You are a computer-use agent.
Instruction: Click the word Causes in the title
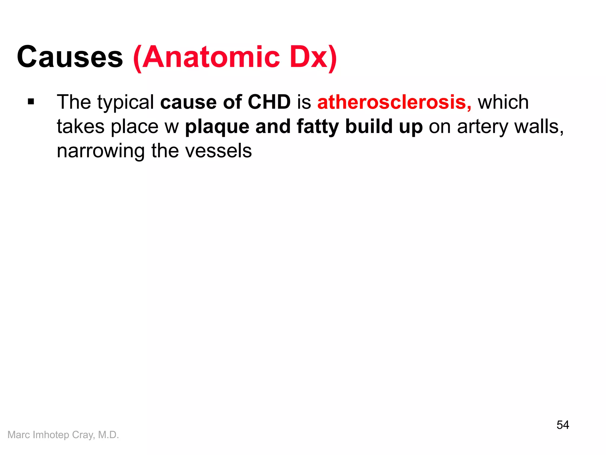click(x=70, y=57)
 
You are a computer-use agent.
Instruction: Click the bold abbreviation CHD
click(x=269, y=102)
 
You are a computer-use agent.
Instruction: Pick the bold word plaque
click(x=217, y=127)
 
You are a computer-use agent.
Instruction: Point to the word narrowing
click(x=101, y=151)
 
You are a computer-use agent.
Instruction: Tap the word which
click(x=503, y=102)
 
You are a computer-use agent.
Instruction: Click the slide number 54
click(x=563, y=425)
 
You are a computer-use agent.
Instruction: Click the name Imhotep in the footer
click(x=51, y=435)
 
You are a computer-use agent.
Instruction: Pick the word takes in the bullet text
click(x=80, y=126)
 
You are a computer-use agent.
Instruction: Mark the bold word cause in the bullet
click(x=188, y=102)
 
